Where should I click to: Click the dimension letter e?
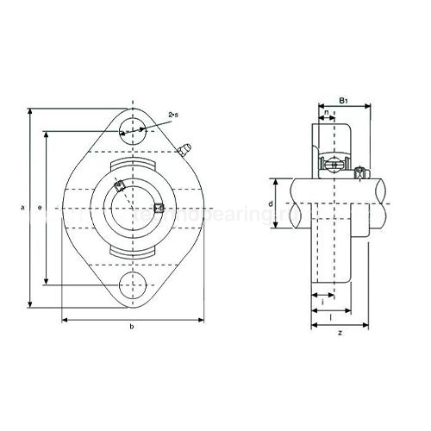[40, 207]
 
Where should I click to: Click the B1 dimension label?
[342, 102]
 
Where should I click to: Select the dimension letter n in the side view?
[326, 112]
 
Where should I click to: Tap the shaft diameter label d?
[270, 204]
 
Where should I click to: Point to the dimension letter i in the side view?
[322, 300]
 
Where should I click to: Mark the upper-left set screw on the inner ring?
[119, 184]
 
